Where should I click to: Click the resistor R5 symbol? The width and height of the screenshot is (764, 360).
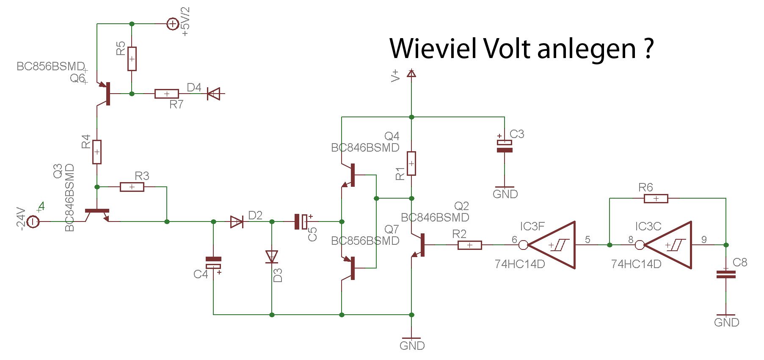tap(132, 58)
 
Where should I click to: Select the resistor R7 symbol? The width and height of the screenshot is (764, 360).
tap(167, 94)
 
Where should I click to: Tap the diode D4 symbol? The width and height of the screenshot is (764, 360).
tap(214, 94)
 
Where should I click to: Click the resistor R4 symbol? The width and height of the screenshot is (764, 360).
tap(97, 152)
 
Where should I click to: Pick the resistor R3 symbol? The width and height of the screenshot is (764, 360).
tap(132, 187)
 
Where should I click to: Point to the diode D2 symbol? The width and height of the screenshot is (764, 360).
tap(237, 222)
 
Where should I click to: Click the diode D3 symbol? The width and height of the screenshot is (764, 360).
tap(272, 257)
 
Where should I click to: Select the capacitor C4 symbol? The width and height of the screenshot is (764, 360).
tap(213, 263)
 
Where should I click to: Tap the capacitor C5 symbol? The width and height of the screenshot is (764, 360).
tap(302, 222)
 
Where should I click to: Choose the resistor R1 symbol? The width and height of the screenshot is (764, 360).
tap(411, 163)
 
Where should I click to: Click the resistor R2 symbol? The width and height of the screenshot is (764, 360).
tap(470, 245)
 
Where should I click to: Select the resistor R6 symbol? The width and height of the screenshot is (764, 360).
tap(656, 198)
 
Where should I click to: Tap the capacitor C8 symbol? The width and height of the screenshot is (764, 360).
tap(726, 274)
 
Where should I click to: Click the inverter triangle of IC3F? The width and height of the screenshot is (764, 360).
tap(549, 245)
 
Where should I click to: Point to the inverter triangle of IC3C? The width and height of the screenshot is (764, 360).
tap(665, 245)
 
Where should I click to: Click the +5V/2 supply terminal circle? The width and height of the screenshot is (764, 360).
tap(173, 24)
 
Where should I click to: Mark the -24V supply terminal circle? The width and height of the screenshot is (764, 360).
tap(33, 222)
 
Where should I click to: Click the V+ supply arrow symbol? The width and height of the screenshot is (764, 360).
tap(411, 73)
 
